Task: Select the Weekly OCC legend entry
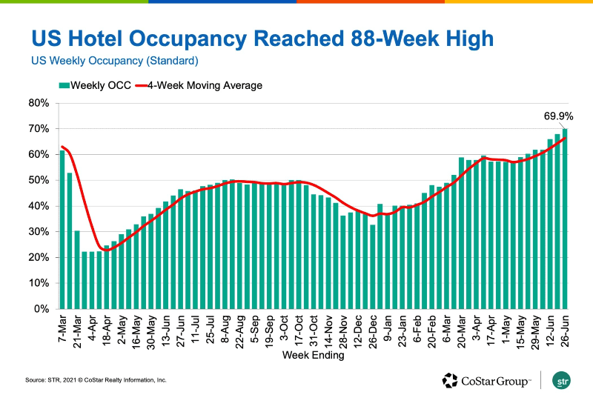click(x=94, y=85)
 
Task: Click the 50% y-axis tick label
click(x=39, y=180)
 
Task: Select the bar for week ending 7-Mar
click(x=63, y=230)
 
